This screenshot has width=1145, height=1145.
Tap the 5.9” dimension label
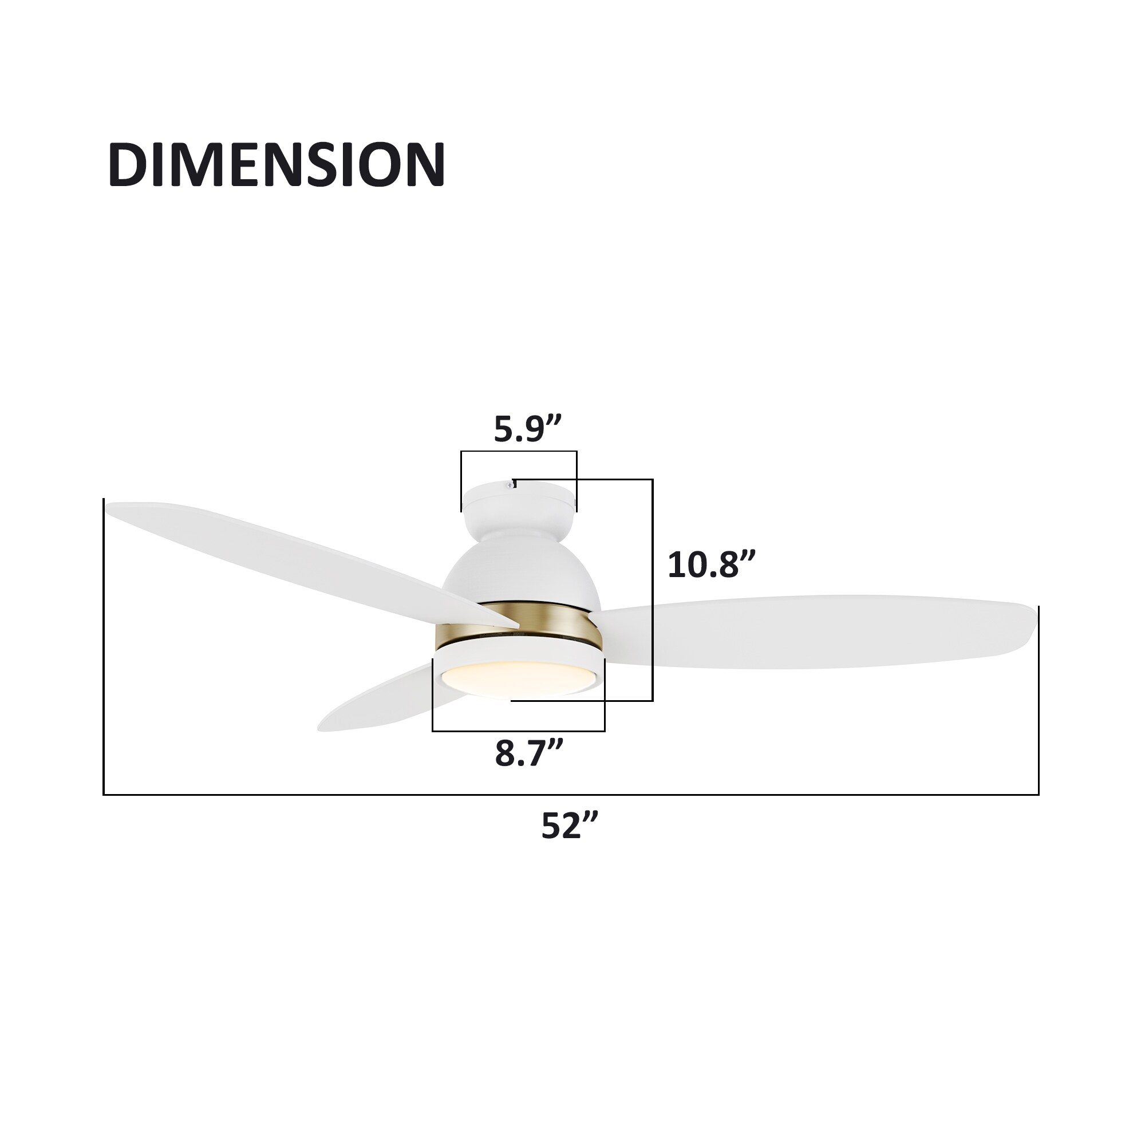pos(527,430)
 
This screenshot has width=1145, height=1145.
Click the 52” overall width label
pos(570,825)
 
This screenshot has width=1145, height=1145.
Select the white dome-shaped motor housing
pos(522,572)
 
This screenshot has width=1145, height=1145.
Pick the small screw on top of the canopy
pos(510,485)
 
